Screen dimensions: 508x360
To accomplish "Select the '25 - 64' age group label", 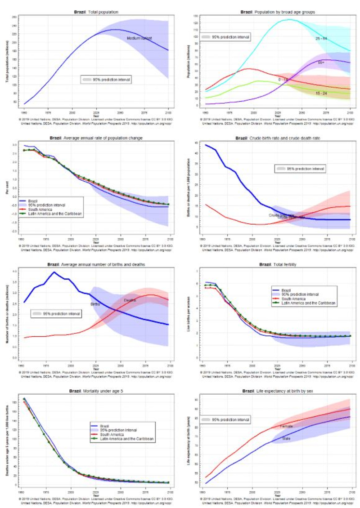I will (321, 39).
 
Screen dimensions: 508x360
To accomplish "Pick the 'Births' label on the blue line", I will (95, 303).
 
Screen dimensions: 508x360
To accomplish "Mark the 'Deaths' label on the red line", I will (130, 300).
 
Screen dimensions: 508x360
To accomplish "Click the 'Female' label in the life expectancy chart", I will (287, 426).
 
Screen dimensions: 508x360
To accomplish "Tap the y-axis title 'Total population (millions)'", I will (7, 61).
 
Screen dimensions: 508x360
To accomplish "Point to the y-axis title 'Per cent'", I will (7, 188).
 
